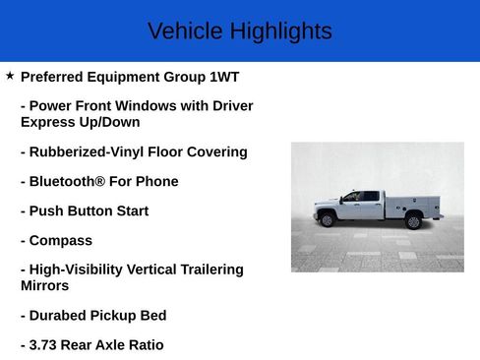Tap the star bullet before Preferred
10,76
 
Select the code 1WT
223,77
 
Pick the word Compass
60,241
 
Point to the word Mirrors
44,285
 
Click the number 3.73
45,345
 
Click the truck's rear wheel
413,221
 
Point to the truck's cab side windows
360,197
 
